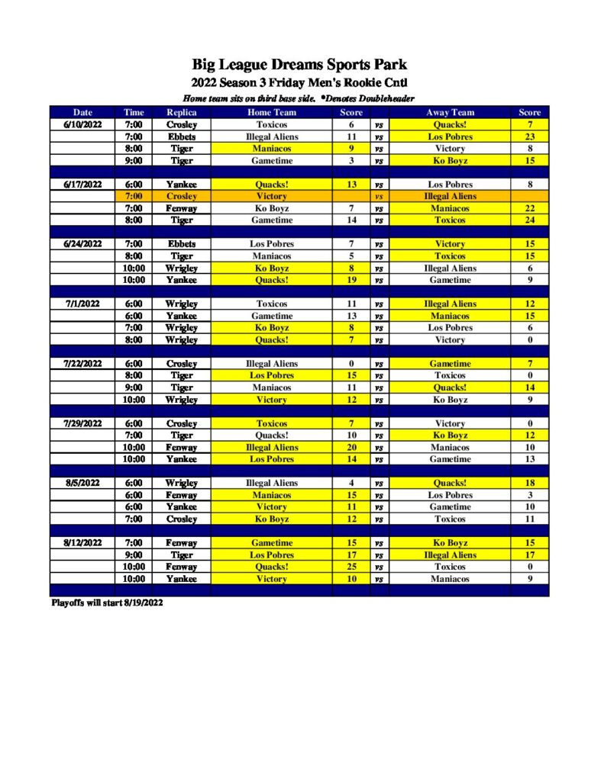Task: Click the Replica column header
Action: click(182, 112)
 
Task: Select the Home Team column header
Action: click(272, 112)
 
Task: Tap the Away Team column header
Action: click(450, 112)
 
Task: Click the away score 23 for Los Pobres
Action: click(529, 137)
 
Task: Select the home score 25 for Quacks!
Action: click(351, 567)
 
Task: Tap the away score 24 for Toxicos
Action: click(529, 220)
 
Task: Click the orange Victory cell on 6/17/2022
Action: click(272, 196)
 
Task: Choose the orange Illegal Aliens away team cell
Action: click(450, 196)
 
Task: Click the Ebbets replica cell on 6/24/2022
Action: click(182, 244)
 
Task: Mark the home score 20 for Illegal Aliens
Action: click(351, 448)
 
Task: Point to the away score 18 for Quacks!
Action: click(529, 483)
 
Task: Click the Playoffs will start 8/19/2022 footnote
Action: click(107, 603)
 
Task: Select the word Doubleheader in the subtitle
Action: click(381, 98)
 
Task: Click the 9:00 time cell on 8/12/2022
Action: click(133, 555)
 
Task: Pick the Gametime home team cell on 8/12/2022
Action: click(272, 543)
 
